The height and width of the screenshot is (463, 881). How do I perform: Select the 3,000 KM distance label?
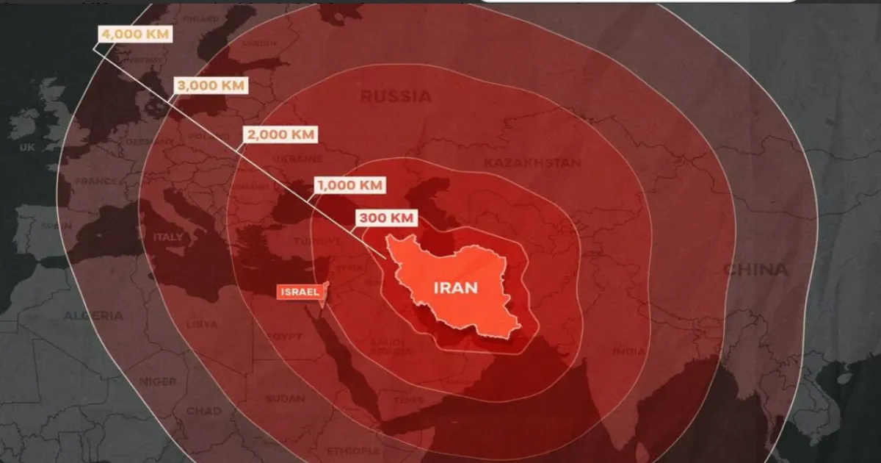pyautogui.click(x=208, y=85)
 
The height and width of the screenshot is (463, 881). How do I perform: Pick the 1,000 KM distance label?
pyautogui.click(x=349, y=185)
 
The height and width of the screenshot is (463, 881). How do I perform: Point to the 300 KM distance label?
pyautogui.click(x=387, y=218)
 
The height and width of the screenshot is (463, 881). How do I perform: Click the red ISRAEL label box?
pyautogui.click(x=300, y=292)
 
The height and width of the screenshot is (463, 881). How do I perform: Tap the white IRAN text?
pyautogui.click(x=455, y=287)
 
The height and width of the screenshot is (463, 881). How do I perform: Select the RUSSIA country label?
pyautogui.click(x=396, y=96)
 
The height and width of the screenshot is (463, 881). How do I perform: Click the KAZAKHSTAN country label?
pyautogui.click(x=532, y=162)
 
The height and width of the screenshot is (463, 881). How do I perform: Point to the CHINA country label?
pyautogui.click(x=755, y=270)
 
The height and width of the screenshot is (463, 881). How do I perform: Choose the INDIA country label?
pyautogui.click(x=628, y=352)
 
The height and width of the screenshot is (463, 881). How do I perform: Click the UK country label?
pyautogui.click(x=26, y=148)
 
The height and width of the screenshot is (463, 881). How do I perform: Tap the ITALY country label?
pyautogui.click(x=168, y=237)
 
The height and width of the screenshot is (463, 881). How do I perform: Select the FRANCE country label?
pyautogui.click(x=95, y=181)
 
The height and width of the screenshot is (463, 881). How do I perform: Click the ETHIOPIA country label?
pyautogui.click(x=354, y=451)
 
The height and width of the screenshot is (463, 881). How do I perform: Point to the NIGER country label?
pyautogui.click(x=158, y=381)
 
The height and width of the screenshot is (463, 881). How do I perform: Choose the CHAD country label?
pyautogui.click(x=203, y=411)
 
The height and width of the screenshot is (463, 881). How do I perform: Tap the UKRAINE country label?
pyautogui.click(x=297, y=158)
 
